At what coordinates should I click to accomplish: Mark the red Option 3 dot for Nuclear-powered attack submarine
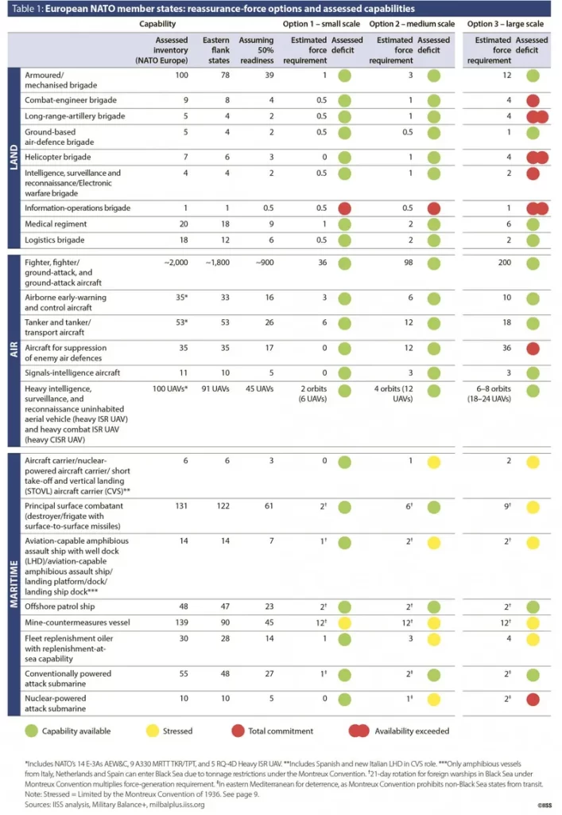pyautogui.click(x=532, y=701)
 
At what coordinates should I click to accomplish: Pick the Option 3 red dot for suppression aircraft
pyautogui.click(x=532, y=349)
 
